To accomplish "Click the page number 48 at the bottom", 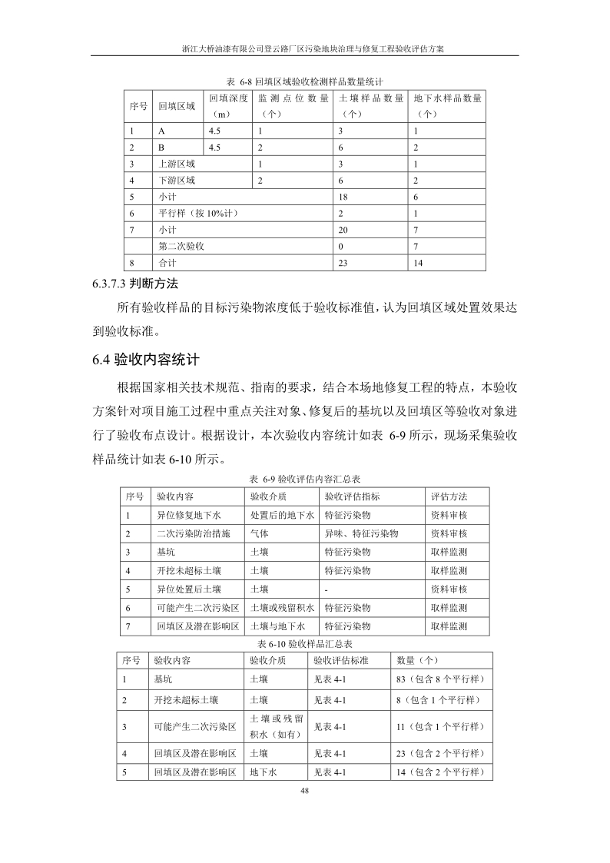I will pyautogui.click(x=304, y=789).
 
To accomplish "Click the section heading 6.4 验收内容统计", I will pyautogui.click(x=146, y=359).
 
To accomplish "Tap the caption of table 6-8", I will pyautogui.click(x=305, y=81).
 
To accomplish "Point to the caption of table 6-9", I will pyautogui.click(x=305, y=478).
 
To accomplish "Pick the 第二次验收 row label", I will pyautogui.click(x=181, y=246).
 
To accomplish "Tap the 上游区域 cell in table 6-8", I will pyautogui.click(x=177, y=164).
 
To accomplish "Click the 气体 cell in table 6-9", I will pyautogui.click(x=260, y=533).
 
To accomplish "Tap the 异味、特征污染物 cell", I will pyautogui.click(x=360, y=533).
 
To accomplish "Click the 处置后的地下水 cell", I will pyautogui.click(x=282, y=515).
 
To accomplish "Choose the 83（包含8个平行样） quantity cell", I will pyautogui.click(x=440, y=679).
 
